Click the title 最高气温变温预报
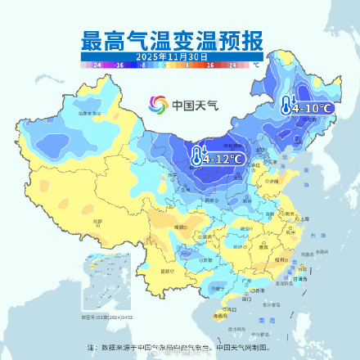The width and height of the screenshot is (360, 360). tap(171, 40)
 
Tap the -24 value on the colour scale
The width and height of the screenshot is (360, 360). tap(97, 64)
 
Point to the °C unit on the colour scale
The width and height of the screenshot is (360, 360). tap(256, 64)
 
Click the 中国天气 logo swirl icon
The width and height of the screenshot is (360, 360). tap(157, 105)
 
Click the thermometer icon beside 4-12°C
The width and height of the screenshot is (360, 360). tap(197, 155)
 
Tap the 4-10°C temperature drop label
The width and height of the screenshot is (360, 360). tap(312, 107)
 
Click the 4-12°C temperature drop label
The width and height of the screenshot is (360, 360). tap(224, 158)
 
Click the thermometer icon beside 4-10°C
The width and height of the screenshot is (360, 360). tap(286, 105)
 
